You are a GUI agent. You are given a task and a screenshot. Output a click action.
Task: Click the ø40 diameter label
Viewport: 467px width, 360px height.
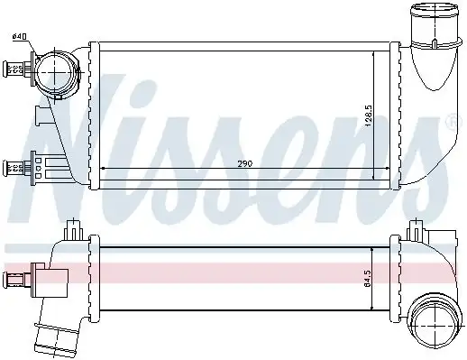(x=19, y=36)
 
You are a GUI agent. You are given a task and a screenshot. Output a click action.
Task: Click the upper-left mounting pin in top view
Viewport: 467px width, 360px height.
(x=15, y=68)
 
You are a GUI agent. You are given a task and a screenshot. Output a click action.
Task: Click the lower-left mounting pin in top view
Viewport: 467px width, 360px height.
(x=15, y=165)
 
